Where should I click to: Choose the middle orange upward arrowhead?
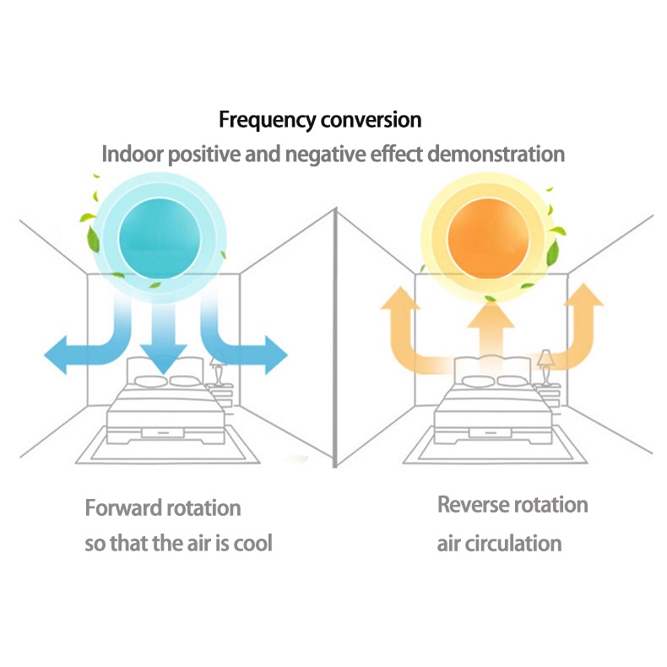pos(491,314)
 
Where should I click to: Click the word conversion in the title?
pos(371,120)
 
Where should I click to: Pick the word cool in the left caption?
pos(252,542)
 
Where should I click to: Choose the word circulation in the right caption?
pos(514,542)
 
